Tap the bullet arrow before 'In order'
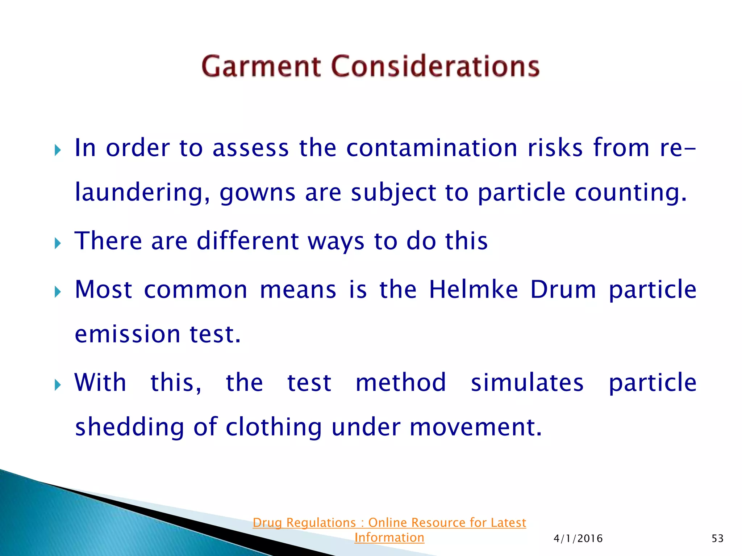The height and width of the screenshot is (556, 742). coord(57,150)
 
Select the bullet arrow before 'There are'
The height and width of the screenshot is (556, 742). coord(57,243)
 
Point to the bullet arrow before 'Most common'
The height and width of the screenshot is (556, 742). coord(57,291)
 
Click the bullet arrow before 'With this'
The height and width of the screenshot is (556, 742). coord(57,384)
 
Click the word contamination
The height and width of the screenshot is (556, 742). coord(432,148)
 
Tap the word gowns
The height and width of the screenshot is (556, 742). coord(257,193)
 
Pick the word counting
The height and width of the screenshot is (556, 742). coord(630,193)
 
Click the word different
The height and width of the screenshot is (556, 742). coord(247,241)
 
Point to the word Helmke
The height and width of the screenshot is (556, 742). coord(473,290)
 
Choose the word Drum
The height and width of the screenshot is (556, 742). coord(563,290)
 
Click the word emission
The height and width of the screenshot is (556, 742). coord(127,334)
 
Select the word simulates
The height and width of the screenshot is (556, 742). coord(527,383)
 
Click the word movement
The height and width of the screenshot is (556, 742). coord(475,427)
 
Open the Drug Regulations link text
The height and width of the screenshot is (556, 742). coord(389,523)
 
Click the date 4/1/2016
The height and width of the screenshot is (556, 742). coord(578,539)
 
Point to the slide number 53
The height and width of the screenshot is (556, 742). coord(717,539)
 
